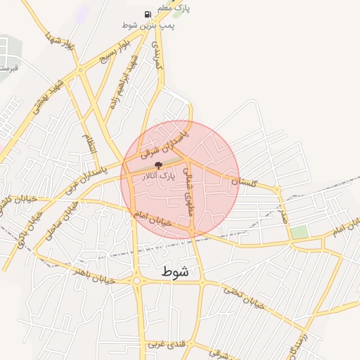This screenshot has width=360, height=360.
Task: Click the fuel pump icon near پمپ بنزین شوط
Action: (148, 14)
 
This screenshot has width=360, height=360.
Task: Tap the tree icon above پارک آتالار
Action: (157, 167)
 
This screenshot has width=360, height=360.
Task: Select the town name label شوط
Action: (174, 271)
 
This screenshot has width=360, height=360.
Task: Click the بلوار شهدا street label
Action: (59, 41)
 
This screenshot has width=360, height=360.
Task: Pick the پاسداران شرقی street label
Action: (165, 139)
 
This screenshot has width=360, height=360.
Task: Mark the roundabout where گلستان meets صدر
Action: (278, 189)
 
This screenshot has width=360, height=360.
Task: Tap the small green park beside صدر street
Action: (300, 232)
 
